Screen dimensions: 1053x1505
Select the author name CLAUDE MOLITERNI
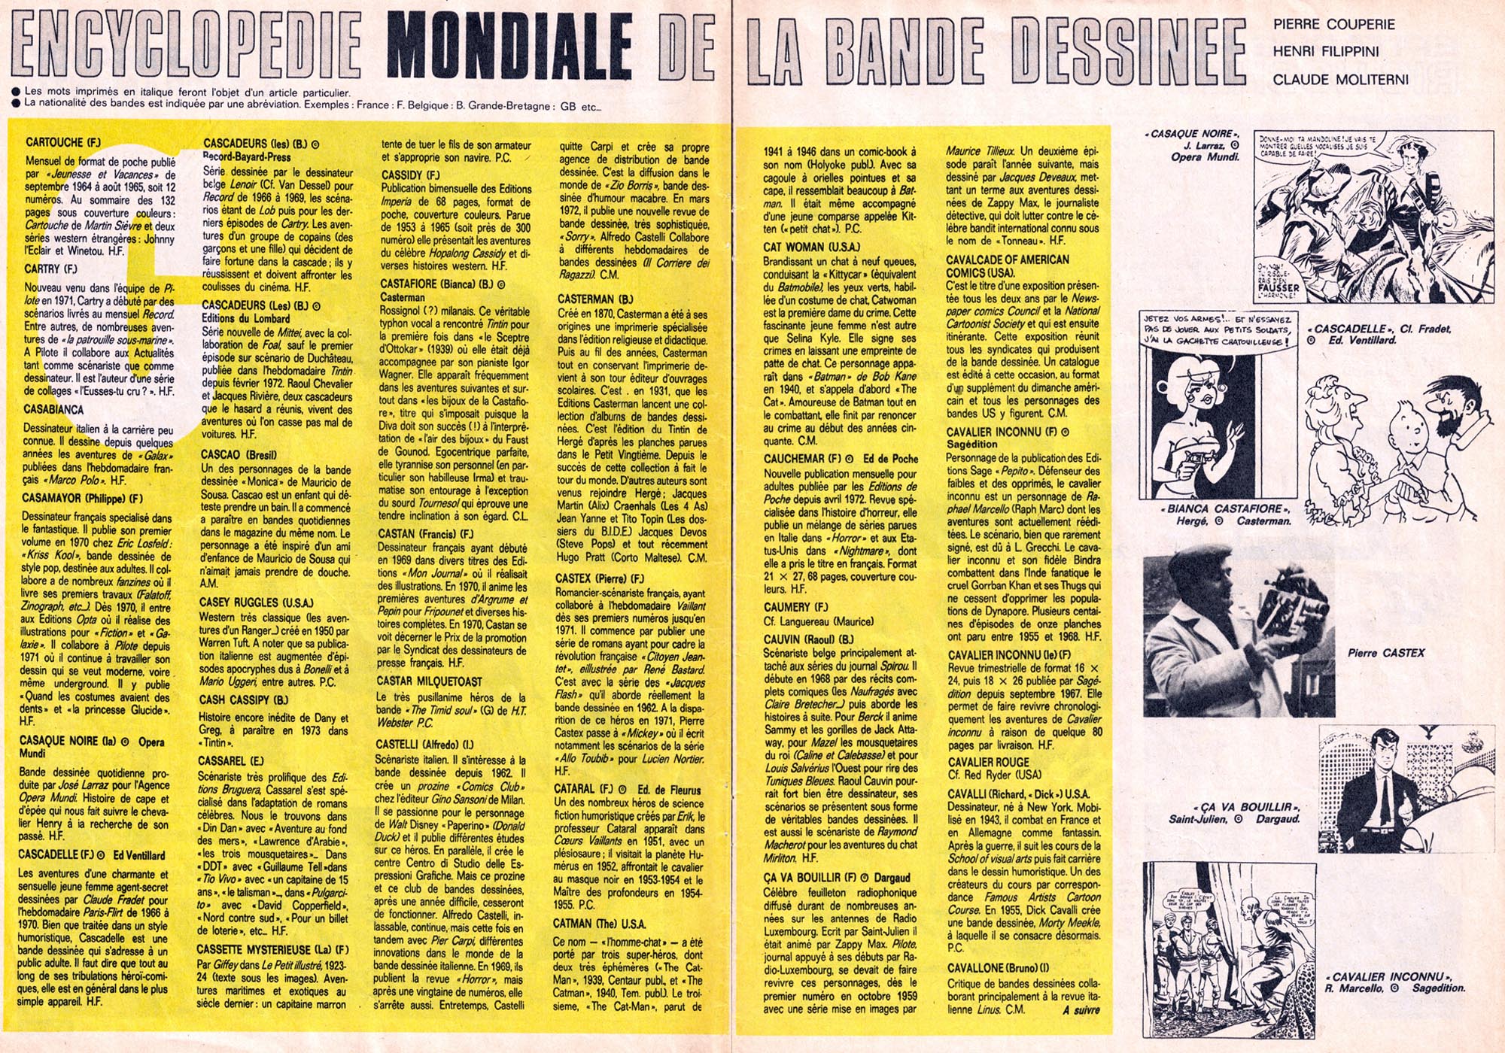[1340, 80]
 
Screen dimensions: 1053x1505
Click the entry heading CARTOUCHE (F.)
[63, 142]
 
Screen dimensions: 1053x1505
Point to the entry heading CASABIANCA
[54, 410]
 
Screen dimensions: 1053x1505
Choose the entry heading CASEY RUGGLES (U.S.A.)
[256, 602]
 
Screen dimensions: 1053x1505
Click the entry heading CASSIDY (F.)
[410, 175]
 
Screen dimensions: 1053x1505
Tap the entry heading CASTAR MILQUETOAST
[430, 681]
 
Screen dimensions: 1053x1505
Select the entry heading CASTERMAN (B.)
[595, 299]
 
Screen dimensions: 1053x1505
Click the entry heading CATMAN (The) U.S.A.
[599, 924]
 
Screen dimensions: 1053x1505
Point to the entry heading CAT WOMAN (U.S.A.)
[811, 247]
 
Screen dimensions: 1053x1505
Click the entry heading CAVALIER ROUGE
[988, 762]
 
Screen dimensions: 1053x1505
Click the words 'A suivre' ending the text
[1081, 1010]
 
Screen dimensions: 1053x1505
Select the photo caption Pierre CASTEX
[1385, 653]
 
